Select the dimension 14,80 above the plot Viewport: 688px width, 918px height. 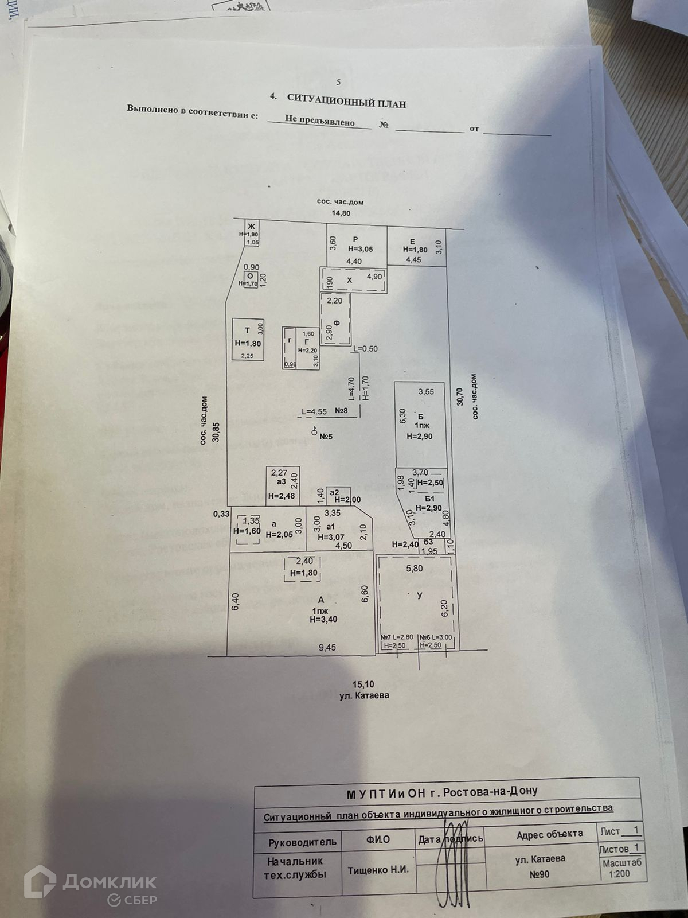(x=342, y=213)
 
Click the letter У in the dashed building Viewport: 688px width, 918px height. (x=420, y=596)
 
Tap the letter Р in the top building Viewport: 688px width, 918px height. (x=355, y=239)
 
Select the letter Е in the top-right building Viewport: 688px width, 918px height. (x=412, y=241)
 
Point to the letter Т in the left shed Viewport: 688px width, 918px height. (x=247, y=330)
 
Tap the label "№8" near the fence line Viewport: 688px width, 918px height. (x=342, y=411)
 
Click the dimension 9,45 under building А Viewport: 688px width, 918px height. (x=327, y=648)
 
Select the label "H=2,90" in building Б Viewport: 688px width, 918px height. (x=419, y=436)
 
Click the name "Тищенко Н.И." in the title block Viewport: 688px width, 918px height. (x=378, y=870)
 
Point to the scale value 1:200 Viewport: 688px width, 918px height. (x=619, y=874)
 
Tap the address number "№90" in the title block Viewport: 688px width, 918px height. (x=539, y=874)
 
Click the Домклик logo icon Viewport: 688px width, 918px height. (x=40, y=881)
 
